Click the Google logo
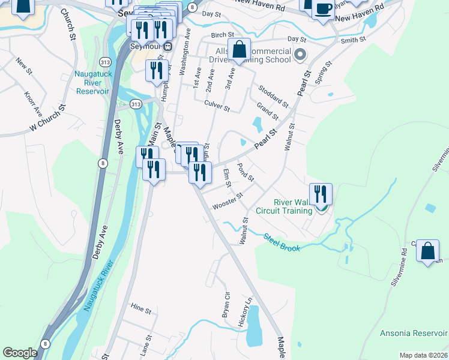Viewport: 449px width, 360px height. point(20,352)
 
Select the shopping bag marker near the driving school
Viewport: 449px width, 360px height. point(239,50)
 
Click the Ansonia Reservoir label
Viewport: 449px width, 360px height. point(414,333)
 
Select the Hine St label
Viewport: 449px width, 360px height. point(140,309)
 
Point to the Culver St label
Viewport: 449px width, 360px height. point(217,106)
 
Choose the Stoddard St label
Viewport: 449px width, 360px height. point(273,94)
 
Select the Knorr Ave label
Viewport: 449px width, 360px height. point(34,103)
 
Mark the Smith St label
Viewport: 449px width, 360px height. point(353,40)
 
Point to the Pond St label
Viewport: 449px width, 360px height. point(246,172)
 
